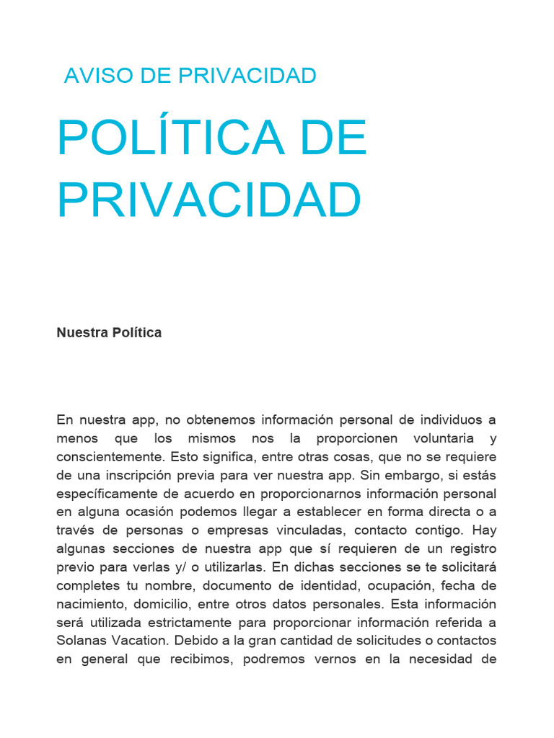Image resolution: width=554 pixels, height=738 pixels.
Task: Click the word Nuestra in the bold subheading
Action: point(82,333)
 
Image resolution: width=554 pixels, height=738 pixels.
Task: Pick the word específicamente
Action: point(111,494)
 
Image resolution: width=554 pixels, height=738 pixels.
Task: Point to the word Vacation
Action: point(141,641)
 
